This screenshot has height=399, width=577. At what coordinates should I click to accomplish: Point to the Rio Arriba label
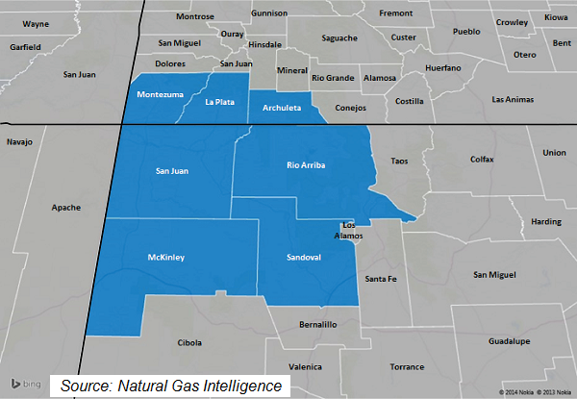point(307,165)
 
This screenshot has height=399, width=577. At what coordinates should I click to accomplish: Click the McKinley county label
point(166,258)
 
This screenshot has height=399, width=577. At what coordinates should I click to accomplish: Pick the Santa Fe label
point(380,279)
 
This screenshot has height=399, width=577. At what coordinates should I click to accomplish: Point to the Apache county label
point(66,207)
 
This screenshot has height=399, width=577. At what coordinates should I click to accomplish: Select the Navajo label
point(19,142)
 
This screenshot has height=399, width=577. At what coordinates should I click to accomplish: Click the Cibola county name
point(190,342)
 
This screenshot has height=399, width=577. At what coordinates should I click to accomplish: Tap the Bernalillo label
point(318,325)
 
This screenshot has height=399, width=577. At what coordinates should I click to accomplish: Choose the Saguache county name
point(338,38)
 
